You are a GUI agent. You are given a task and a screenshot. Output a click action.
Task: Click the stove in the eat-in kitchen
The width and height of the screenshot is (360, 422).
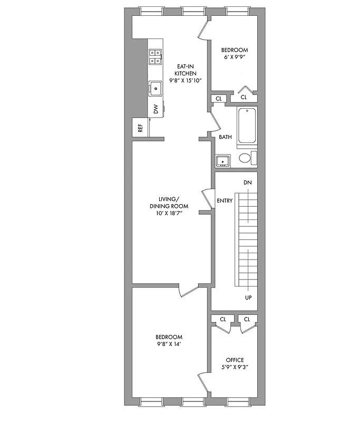coord(155,56)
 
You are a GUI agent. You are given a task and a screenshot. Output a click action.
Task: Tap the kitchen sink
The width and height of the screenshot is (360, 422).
coord(155,88)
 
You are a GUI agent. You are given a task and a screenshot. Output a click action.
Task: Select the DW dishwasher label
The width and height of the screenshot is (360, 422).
coord(155,109)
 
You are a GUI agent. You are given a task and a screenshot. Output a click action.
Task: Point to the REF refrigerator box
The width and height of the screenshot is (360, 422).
coord(140,128)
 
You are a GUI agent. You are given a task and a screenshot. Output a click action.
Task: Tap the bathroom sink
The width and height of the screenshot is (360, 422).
coord(222,160)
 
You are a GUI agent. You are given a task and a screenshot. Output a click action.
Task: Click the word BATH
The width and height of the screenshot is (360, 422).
coord(225,137)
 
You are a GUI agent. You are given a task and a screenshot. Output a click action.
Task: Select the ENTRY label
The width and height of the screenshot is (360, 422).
coord(225,200)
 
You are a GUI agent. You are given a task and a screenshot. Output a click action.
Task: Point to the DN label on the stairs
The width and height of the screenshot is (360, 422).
coord(248,183)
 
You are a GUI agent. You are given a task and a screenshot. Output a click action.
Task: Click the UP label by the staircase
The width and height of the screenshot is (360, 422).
coord(248,298)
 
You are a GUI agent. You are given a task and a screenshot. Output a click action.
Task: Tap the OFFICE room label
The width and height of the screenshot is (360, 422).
coord(235,360)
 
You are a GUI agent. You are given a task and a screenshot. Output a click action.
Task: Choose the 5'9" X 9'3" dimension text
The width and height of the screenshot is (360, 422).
coord(235,368)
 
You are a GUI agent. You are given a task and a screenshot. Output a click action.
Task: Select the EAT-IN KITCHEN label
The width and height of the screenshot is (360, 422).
coord(186,70)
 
